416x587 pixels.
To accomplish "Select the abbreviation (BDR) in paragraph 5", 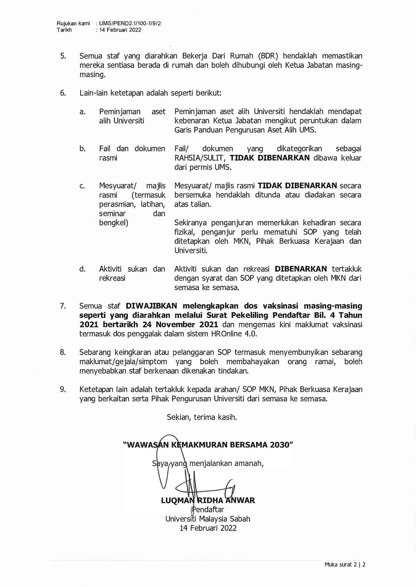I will [x=268, y=56].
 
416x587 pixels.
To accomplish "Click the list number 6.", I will [x=63, y=93].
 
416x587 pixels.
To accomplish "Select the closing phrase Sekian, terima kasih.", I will [x=202, y=417].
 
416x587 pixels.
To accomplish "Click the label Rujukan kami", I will [x=73, y=23].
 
